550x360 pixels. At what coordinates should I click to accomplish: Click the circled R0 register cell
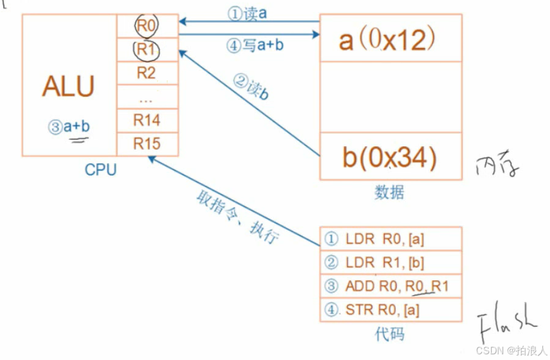click(147, 25)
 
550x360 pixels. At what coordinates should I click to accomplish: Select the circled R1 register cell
click(147, 49)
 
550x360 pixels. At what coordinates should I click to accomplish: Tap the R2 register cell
click(147, 73)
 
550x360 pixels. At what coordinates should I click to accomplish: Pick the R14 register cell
click(147, 120)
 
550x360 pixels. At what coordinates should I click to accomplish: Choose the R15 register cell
click(147, 144)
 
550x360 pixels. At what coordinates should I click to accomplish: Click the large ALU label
click(68, 87)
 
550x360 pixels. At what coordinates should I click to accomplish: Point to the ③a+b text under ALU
click(69, 127)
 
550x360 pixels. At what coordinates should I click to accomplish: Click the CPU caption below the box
click(101, 170)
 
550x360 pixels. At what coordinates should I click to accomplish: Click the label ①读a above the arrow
click(247, 13)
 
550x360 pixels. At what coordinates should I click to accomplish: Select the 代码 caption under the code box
click(391, 333)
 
